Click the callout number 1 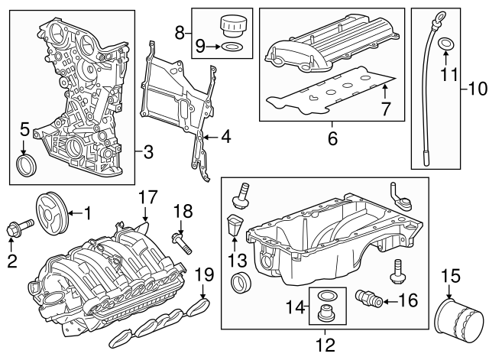point(87,210)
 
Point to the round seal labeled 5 point(27,165)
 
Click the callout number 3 point(148,152)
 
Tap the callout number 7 point(387,109)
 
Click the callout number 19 point(202,275)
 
